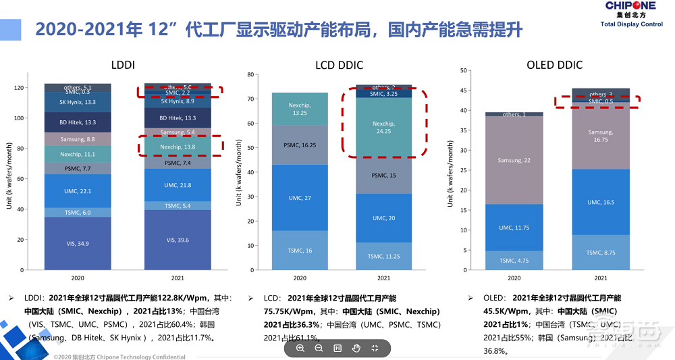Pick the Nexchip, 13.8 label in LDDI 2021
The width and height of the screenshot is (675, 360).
178,146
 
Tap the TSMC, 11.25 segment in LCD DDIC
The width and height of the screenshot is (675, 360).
383,257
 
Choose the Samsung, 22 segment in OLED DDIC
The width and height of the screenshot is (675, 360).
514,160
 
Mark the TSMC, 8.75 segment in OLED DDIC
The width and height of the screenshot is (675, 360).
600,253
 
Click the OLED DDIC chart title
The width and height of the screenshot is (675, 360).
554,65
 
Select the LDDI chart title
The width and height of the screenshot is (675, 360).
123,65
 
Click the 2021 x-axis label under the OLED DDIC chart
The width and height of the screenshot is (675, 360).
600,278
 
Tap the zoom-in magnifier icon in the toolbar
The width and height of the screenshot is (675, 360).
300,348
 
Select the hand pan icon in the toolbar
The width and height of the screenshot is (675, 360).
356,348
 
